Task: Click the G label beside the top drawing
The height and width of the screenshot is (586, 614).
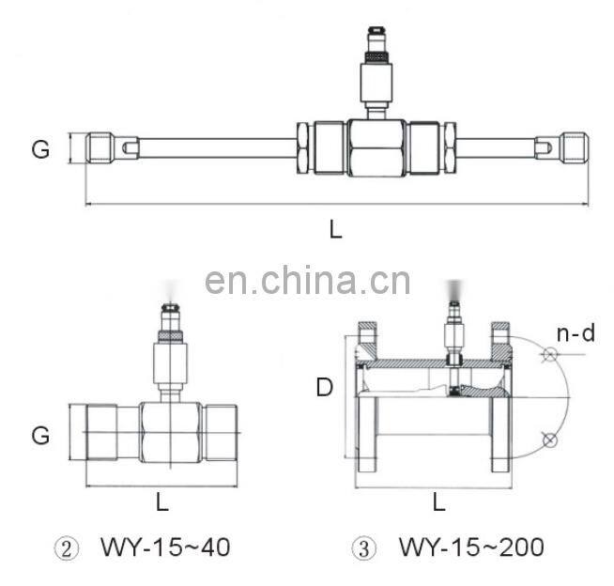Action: coord(40,148)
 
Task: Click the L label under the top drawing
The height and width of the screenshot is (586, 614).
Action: coord(335,227)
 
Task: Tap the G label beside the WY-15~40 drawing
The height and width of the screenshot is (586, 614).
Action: coord(40,435)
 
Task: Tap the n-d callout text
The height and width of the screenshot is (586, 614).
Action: coord(575,332)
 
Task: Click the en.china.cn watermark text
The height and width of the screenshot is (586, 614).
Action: coord(307,280)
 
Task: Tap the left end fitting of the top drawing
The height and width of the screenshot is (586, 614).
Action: coord(105,148)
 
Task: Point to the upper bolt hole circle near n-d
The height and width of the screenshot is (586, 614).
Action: coord(551,355)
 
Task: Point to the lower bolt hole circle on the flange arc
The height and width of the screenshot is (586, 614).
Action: coord(551,439)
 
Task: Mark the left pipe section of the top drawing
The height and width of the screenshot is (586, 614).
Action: coord(216,148)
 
